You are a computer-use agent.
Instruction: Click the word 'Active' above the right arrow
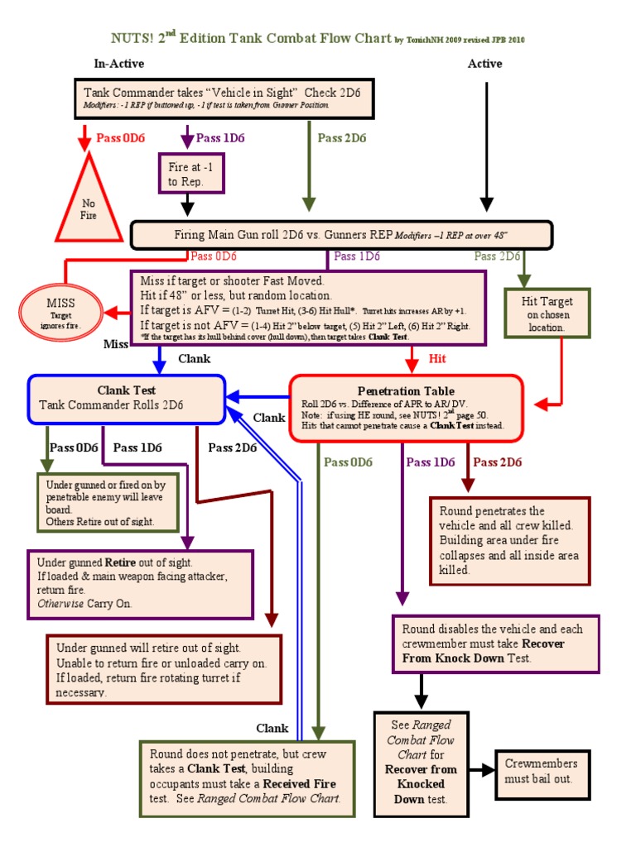pyautogui.click(x=485, y=64)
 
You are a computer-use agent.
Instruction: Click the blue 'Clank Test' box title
pyautogui.click(x=127, y=390)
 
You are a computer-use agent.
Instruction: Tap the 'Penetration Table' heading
pyautogui.click(x=406, y=390)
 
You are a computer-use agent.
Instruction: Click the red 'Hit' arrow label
pyautogui.click(x=436, y=359)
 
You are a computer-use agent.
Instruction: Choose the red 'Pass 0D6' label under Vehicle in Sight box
pyautogui.click(x=120, y=137)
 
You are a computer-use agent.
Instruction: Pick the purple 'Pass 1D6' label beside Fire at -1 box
pyautogui.click(x=220, y=137)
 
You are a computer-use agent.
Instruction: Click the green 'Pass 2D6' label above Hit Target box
pyautogui.click(x=497, y=256)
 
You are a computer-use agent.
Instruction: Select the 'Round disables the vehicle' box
pyautogui.click(x=493, y=643)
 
